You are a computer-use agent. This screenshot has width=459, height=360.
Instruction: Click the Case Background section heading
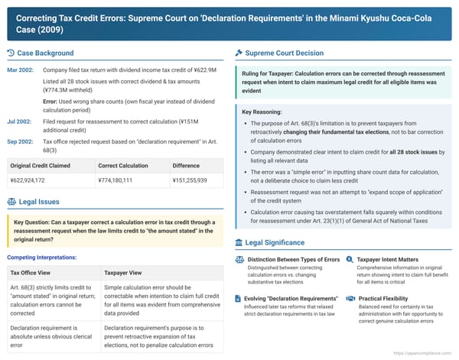[45, 53]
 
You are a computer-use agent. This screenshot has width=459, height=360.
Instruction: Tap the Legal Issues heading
[40, 202]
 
